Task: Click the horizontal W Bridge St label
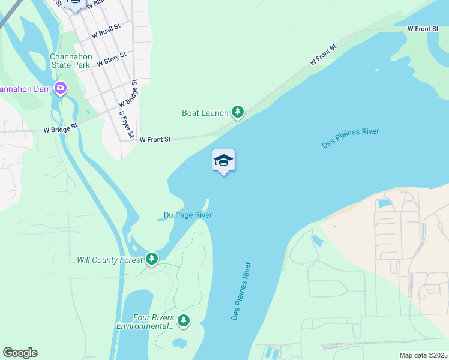61,128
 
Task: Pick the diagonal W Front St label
323,55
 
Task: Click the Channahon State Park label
70,61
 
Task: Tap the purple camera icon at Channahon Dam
60,89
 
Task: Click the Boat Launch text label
205,113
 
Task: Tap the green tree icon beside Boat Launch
238,112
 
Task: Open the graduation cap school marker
223,161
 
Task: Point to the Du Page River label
188,215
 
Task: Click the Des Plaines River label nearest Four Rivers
241,290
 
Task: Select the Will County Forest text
110,260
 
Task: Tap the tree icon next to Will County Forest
152,259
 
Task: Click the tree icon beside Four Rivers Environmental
184,322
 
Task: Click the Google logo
20,353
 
